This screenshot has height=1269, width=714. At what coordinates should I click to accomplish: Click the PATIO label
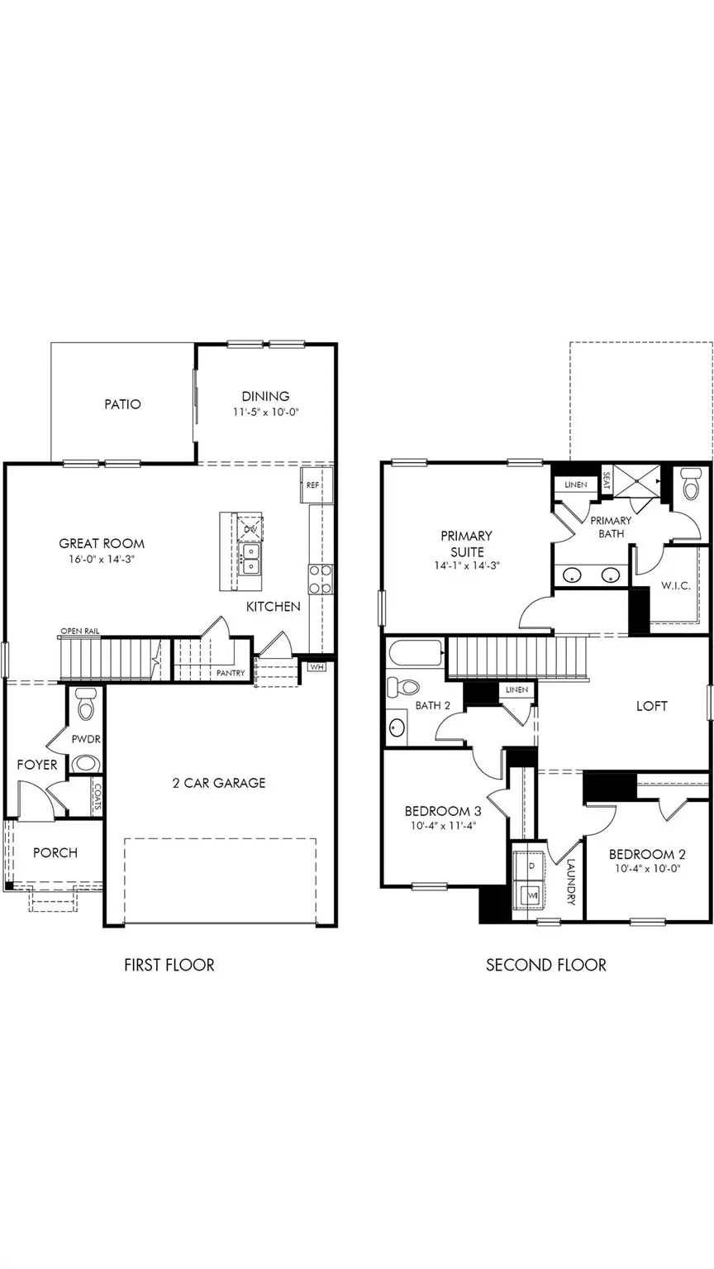[x=122, y=404]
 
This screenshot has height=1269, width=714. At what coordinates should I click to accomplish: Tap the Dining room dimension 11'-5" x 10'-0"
[x=265, y=411]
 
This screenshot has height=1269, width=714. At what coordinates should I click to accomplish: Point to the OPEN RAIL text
[x=79, y=632]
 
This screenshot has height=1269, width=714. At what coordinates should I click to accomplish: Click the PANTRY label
[x=231, y=673]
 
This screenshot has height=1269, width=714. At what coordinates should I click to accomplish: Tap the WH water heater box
[x=317, y=666]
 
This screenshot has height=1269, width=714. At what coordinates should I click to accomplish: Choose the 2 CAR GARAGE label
[x=219, y=782]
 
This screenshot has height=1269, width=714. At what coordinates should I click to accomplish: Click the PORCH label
[x=55, y=852]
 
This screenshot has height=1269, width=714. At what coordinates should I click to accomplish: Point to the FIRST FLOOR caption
[x=169, y=965]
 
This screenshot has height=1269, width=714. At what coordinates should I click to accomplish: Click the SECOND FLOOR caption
[x=545, y=965]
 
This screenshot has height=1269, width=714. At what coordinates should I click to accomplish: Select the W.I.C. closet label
[x=675, y=585]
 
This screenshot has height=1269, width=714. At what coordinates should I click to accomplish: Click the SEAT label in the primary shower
[x=606, y=481]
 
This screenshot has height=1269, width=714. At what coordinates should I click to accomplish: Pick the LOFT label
[x=651, y=706]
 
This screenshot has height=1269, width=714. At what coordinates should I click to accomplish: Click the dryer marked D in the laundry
[x=531, y=864]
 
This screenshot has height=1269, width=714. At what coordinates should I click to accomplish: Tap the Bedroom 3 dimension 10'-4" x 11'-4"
[x=441, y=825]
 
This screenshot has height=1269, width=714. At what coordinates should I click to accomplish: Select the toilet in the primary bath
[x=691, y=484]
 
